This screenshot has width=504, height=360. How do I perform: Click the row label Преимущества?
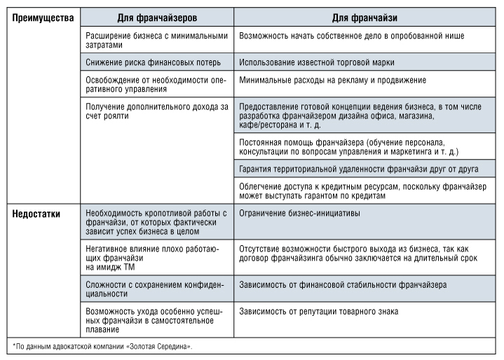[x=43, y=17]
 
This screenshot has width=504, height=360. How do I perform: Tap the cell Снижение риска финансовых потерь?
[x=153, y=62]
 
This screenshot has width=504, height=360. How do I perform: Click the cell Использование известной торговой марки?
[x=316, y=62]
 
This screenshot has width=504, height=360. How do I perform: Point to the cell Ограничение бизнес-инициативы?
[x=300, y=212]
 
